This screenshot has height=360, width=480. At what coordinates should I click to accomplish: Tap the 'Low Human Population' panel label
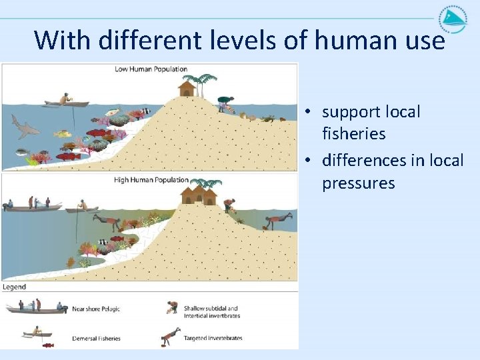point(151,69)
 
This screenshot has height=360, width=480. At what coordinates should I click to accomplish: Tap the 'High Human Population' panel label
point(151,180)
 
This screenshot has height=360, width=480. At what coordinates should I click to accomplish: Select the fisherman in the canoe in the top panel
point(65,100)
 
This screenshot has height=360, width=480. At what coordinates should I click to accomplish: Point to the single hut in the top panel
point(187,87)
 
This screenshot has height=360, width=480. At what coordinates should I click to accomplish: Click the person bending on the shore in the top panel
point(225,103)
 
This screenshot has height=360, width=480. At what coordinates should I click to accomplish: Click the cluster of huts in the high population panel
point(199,195)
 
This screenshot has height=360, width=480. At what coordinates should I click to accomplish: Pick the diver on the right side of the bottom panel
point(278,221)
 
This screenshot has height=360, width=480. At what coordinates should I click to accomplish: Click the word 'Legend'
point(14,287)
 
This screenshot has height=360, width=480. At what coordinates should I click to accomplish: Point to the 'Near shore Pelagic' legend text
point(96,309)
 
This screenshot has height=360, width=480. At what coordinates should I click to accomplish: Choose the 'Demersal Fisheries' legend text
point(96,339)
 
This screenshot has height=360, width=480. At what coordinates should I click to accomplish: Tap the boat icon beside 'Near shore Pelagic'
point(37,307)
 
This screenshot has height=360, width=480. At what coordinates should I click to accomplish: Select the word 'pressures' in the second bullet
point(358,183)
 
